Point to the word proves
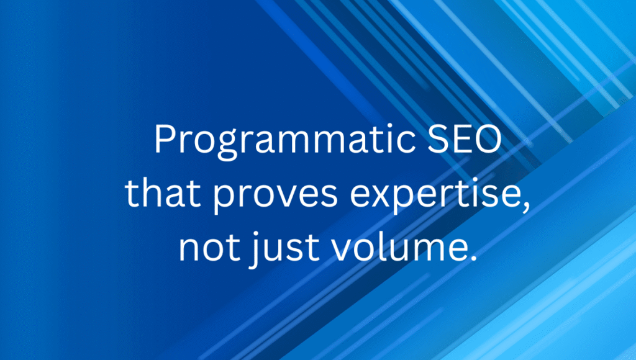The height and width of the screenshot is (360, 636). pos(275,196)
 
